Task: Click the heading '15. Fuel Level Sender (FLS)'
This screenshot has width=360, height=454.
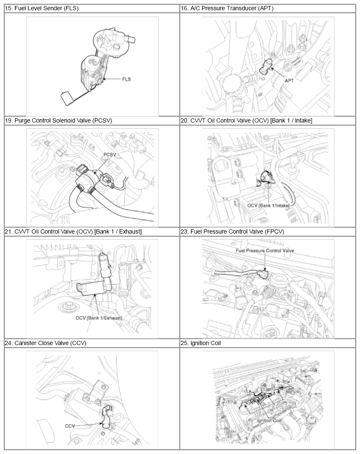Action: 42,9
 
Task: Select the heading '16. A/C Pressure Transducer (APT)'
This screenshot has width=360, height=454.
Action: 227,9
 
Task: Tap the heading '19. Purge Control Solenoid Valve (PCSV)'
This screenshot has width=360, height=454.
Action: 59,120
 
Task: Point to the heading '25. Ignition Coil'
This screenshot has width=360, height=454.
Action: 201,343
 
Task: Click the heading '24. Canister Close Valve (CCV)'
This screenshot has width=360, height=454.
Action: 46,343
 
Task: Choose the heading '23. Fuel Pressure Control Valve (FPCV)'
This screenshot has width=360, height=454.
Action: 232,231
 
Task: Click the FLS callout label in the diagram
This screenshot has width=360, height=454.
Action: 126,79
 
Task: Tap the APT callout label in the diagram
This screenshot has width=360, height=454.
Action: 289,80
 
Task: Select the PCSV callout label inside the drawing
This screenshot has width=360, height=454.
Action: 110,155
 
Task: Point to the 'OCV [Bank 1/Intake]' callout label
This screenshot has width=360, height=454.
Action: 268,205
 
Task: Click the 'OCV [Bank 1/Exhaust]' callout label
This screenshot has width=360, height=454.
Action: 99,318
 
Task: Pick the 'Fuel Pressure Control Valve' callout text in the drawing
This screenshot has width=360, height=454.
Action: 265,250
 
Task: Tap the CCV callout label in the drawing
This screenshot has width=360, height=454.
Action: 70,426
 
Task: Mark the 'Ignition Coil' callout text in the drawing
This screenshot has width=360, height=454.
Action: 269,420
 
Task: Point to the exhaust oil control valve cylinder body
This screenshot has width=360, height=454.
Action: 94,288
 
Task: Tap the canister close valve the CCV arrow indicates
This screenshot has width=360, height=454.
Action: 106,418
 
